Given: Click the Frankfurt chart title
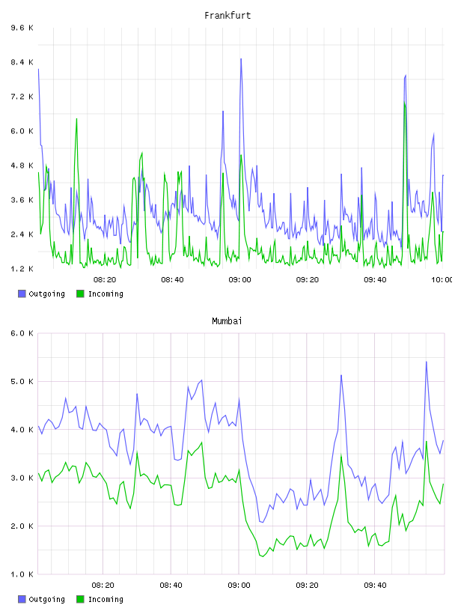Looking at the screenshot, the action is (x=227, y=16).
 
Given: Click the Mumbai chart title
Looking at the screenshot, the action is (x=227, y=321).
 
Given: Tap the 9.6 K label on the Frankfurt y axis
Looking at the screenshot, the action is (x=22, y=28).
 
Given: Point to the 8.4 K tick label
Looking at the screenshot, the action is (x=22, y=62).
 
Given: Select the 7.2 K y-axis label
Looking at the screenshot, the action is (x=22, y=97).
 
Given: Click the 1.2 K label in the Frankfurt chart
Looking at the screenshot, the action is (x=22, y=269).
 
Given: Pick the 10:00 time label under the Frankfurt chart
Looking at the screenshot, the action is (x=442, y=280).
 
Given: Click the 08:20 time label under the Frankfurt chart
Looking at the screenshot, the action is (x=105, y=280).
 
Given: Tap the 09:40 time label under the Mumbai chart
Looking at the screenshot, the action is (x=375, y=586).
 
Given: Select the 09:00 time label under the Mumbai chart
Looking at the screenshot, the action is (x=239, y=586).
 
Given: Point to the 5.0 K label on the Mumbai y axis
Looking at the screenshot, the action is (x=22, y=381).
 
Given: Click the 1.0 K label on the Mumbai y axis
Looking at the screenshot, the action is (x=22, y=574).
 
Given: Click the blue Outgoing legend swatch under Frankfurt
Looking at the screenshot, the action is (x=22, y=294).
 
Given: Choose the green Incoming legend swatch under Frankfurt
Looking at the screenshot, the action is (x=80, y=294).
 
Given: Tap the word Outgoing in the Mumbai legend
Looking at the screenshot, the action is (x=46, y=599).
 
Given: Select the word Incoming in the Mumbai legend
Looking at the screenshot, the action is (x=106, y=599).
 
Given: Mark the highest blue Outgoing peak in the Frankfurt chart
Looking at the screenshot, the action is (x=241, y=59).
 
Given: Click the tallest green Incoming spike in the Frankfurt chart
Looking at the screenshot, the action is (x=405, y=103).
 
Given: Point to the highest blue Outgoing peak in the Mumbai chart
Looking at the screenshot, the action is (x=427, y=362).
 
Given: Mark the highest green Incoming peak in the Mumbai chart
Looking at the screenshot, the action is (x=427, y=442).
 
